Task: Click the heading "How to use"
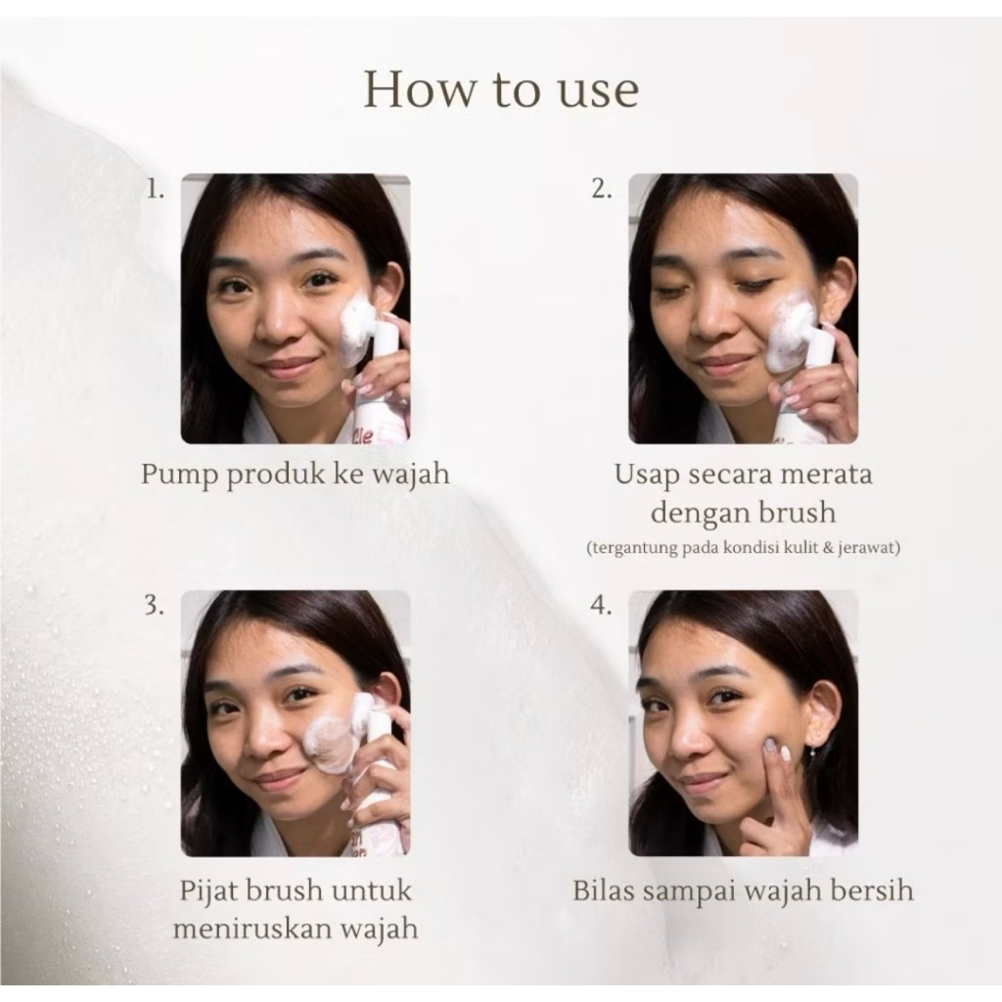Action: pyautogui.click(x=501, y=90)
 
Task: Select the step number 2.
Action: pyautogui.click(x=602, y=189)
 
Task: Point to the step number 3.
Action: pyautogui.click(x=154, y=605)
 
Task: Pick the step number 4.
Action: pyautogui.click(x=602, y=605)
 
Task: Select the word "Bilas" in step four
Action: pyautogui.click(x=603, y=891)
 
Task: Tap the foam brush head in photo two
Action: pyautogui.click(x=794, y=339)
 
